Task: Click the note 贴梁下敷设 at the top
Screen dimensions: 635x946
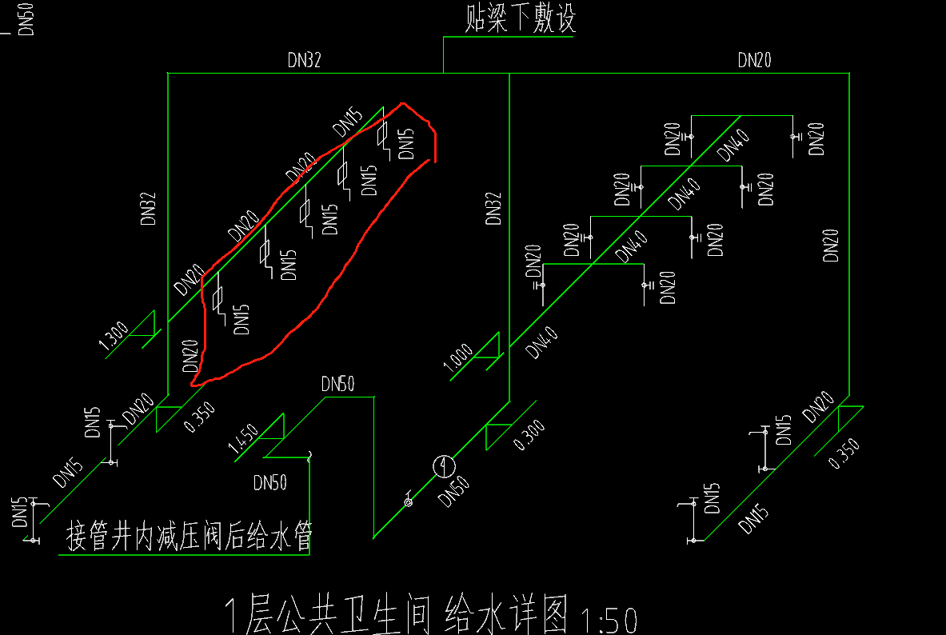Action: click(x=520, y=20)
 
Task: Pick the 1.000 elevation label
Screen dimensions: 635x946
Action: click(x=459, y=357)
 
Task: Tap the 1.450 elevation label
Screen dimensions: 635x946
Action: click(x=243, y=439)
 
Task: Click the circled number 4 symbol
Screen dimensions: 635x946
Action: click(x=444, y=465)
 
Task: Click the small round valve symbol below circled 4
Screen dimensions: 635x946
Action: click(x=409, y=502)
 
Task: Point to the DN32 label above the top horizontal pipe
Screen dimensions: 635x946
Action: click(x=304, y=61)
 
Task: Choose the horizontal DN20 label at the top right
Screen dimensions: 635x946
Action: click(x=754, y=60)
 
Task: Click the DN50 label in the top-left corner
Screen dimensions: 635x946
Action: click(x=25, y=18)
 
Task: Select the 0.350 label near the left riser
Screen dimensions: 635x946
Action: click(x=200, y=416)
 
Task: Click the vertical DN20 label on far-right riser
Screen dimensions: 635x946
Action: click(x=832, y=245)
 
